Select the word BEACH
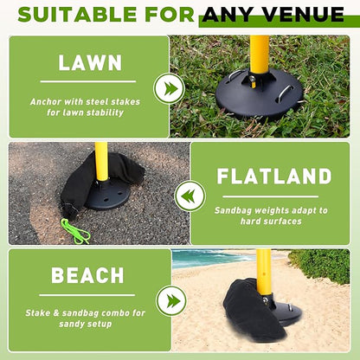coord(88,276)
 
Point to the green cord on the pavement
coord(75,230)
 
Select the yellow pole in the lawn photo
coord(259,56)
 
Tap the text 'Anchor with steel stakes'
coord(88,101)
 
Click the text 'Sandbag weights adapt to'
coord(271,210)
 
